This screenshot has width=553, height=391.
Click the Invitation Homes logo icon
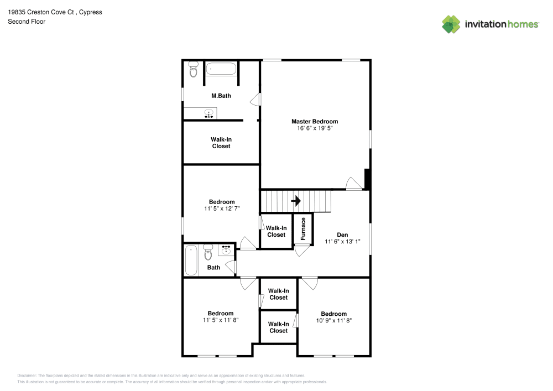(x=451, y=24)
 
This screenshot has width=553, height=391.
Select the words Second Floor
(x=27, y=22)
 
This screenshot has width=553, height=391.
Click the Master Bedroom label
(x=315, y=121)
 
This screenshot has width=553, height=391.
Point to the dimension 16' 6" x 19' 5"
(x=315, y=128)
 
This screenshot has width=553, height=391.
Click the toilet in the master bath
(x=193, y=70)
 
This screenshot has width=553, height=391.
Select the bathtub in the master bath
(x=221, y=70)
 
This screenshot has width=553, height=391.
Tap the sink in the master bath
(x=208, y=114)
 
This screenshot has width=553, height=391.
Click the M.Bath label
(x=221, y=96)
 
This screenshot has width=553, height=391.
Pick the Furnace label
(x=303, y=228)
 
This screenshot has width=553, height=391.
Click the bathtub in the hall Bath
(x=191, y=260)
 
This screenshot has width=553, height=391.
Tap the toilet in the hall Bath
(x=208, y=253)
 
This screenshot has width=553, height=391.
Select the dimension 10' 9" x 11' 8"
(x=334, y=321)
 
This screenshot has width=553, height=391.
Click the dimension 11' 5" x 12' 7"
(x=221, y=209)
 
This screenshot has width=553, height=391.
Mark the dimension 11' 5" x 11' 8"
(x=221, y=320)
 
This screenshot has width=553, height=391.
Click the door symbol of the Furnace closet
(x=302, y=249)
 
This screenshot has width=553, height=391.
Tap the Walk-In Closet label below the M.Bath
(x=221, y=143)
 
